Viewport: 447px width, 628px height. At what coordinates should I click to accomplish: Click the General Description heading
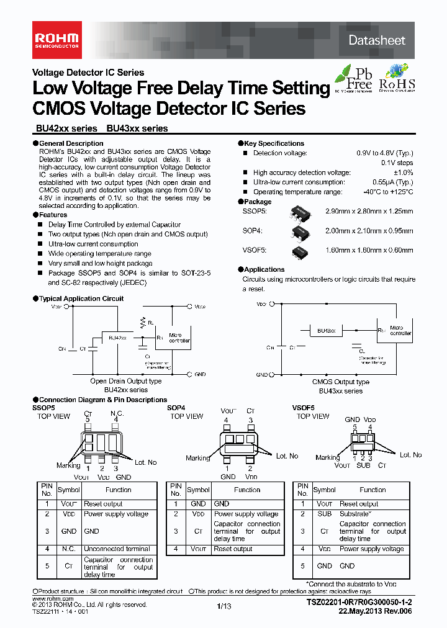(71, 143)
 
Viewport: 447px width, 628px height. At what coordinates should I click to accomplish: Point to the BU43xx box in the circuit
(327, 331)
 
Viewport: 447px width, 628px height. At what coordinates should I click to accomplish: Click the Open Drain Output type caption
(125, 381)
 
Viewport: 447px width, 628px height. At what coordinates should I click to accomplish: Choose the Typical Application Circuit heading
(81, 298)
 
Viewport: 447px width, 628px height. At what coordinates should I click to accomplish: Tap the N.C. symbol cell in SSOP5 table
(68, 549)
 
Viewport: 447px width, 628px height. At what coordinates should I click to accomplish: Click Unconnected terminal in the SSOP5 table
(117, 549)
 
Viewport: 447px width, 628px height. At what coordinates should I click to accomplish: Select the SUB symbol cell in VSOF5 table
(324, 514)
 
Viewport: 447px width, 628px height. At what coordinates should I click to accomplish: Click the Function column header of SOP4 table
(247, 490)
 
